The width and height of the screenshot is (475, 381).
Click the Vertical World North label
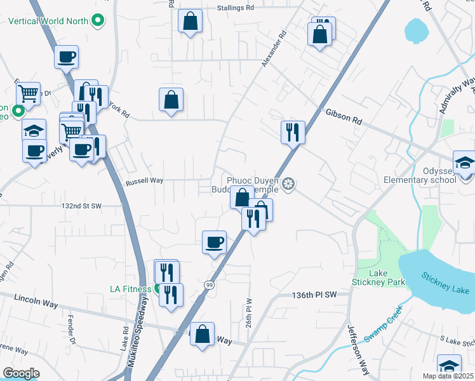(x=48, y=21)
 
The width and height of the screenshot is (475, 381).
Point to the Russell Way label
(x=144, y=181)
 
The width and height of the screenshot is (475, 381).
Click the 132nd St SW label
(x=81, y=206)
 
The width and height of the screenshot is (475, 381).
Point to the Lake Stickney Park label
(x=378, y=277)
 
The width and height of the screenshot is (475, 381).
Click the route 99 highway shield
(x=208, y=285)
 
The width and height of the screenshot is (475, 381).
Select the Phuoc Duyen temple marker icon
(x=289, y=185)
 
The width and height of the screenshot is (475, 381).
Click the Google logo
(x=21, y=373)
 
